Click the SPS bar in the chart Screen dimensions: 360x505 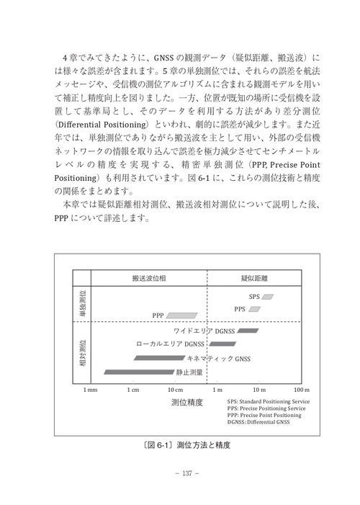pos(268,296)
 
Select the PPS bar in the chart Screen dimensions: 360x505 pos(257,308)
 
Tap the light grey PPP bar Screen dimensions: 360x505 pos(182,315)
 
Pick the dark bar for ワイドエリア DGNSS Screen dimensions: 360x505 pos(247,331)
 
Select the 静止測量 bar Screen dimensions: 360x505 pos(139,372)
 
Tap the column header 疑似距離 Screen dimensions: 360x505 pos(253,277)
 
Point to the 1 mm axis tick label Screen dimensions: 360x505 pos(91,390)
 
